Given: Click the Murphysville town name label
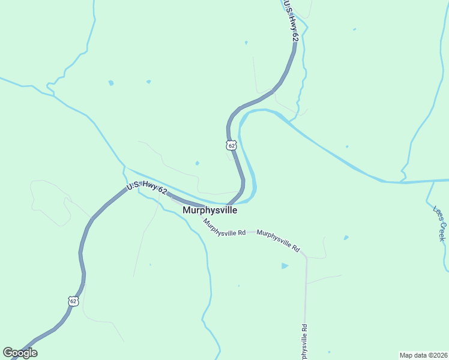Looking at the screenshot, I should pyautogui.click(x=209, y=211).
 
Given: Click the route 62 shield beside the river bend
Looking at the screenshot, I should pyautogui.click(x=232, y=145).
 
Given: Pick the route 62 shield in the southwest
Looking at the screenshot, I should pyautogui.click(x=73, y=301).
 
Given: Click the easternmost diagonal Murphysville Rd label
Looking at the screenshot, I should pyautogui.click(x=278, y=239).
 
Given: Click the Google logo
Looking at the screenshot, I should pyautogui.click(x=20, y=353).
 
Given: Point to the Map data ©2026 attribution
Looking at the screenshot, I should pyautogui.click(x=423, y=355).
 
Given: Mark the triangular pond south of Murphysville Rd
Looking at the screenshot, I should pyautogui.click(x=285, y=266).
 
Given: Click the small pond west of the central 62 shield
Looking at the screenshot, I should pyautogui.click(x=197, y=163).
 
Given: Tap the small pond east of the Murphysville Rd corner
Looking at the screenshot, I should pyautogui.click(x=346, y=238).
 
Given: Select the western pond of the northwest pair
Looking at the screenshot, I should pyautogui.click(x=110, y=83).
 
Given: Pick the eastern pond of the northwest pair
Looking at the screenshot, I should pyautogui.click(x=148, y=82).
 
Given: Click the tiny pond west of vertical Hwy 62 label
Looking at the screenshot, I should pyautogui.click(x=246, y=43).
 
